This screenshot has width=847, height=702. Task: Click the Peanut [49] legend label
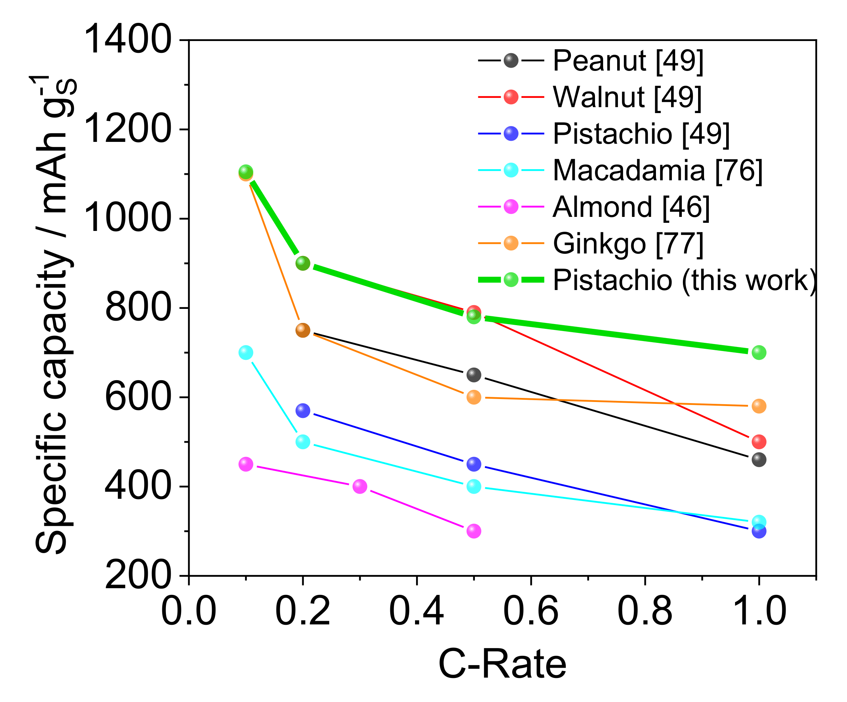[x=627, y=61]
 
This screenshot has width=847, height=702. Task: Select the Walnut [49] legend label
[x=627, y=98]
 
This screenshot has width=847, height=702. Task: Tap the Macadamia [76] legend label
[x=657, y=171]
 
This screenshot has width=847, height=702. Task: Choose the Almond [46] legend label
[x=631, y=208]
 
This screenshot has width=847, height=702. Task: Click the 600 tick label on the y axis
[x=137, y=398]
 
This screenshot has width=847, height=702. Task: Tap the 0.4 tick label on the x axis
[x=416, y=611]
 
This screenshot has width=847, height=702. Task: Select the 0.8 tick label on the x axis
[x=644, y=611]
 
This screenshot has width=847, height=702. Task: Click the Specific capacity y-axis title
[x=54, y=314]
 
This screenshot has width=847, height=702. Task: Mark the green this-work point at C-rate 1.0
[x=759, y=353]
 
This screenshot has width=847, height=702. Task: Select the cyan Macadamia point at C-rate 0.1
[x=246, y=353]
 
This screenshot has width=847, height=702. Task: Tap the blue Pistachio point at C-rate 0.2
[x=303, y=411]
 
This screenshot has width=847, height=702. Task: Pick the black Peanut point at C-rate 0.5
[x=473, y=375]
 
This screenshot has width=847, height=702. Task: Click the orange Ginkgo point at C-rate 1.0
[x=759, y=406]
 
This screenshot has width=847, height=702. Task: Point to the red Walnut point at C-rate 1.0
[x=759, y=442]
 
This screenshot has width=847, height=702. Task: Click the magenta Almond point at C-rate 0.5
[x=473, y=531]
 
